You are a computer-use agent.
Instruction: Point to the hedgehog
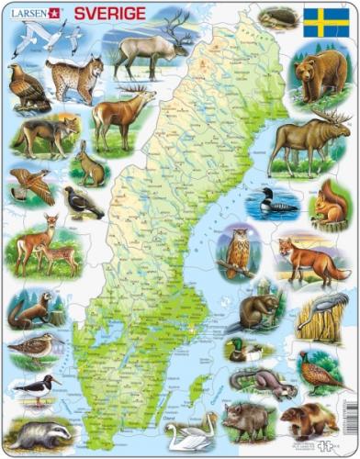coord(276,18)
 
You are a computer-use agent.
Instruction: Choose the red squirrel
coord(328,204)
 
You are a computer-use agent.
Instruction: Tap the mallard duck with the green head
coord(244,351)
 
